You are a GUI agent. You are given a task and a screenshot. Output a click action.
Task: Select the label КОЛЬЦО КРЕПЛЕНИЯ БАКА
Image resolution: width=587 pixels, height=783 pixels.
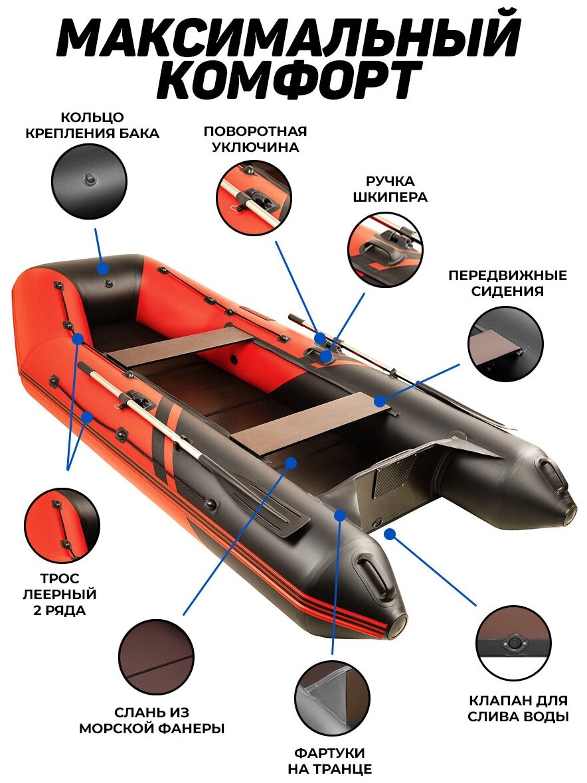92,125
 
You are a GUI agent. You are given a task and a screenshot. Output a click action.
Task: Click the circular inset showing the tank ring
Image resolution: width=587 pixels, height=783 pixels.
89,181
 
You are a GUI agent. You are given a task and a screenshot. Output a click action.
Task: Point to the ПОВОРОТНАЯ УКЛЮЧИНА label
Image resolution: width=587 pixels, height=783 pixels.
256,139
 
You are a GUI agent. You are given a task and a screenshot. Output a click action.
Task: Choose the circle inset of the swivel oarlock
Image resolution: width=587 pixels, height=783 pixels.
254,197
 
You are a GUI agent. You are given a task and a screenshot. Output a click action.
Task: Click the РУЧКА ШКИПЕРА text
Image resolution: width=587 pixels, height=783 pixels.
390,189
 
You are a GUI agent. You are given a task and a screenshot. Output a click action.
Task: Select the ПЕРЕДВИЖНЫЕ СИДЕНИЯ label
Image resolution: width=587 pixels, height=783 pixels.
507,283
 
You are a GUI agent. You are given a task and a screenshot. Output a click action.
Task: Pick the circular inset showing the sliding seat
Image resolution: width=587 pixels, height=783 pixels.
505,344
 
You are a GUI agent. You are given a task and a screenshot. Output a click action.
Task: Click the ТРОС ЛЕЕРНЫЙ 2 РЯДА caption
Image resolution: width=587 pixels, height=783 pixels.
62,593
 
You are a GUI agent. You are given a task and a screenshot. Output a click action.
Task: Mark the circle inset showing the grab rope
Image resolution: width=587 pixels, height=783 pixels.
62,526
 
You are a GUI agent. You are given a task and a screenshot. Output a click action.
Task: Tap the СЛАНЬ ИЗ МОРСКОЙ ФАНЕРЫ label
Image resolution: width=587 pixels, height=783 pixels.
152,721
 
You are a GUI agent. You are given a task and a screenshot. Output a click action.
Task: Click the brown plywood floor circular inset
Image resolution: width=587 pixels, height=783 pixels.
156,657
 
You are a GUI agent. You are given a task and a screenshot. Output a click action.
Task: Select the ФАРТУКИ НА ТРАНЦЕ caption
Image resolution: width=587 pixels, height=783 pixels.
330,761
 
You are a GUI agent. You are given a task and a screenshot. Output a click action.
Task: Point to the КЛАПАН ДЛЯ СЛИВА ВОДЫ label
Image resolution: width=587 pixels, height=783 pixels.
518,709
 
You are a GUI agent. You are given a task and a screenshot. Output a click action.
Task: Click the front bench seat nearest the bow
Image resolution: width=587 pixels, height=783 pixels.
179,346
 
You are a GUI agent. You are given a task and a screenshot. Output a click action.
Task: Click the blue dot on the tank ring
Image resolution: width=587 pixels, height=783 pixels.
104,269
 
